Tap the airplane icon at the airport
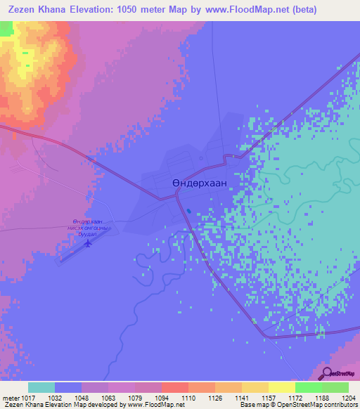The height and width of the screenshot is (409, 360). [88, 244]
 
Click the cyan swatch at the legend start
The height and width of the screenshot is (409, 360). [41, 387]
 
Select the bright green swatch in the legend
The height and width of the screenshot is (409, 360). [308, 387]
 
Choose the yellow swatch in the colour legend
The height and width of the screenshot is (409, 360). [281, 387]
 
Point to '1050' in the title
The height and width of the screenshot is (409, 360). [129, 10]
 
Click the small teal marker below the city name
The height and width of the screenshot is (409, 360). [189, 210]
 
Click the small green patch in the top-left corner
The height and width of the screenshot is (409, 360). [6, 29]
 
